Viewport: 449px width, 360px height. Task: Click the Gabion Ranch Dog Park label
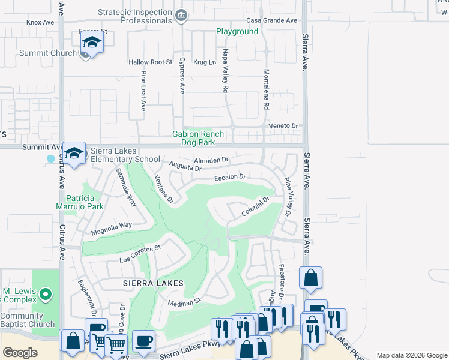coord(198,139)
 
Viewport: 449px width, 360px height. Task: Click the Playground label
coord(237,31)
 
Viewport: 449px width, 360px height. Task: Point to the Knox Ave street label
coord(40,22)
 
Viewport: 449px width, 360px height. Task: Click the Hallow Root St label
coord(151,62)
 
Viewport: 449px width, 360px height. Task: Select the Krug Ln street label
coord(204,62)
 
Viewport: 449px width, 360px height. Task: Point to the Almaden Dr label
coord(212,160)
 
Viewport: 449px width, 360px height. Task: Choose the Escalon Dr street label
coord(231,178)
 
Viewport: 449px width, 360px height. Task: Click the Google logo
coord(20,353)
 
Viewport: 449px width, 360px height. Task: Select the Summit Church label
coord(48,53)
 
